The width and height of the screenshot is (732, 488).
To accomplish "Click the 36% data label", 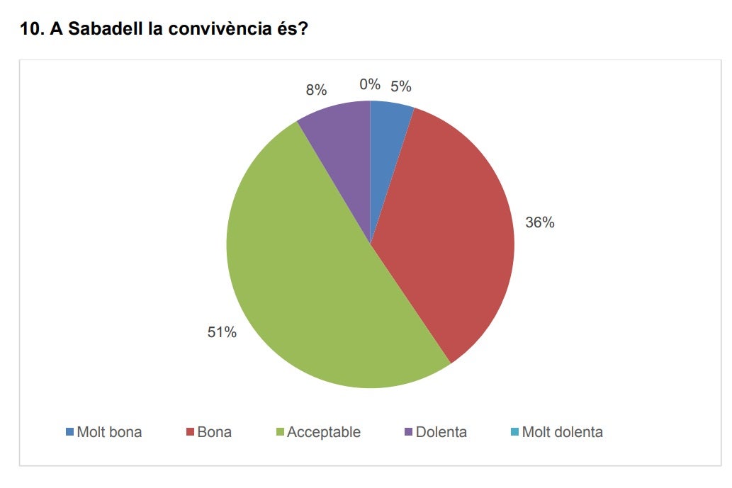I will pyautogui.click(x=539, y=222).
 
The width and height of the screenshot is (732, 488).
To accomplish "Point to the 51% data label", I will pyautogui.click(x=222, y=332).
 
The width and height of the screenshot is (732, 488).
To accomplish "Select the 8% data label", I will pyautogui.click(x=316, y=90).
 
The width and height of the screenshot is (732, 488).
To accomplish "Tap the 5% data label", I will pyautogui.click(x=400, y=86).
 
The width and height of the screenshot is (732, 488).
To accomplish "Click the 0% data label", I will pyautogui.click(x=369, y=84).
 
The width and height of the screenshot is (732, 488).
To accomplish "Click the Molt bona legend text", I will pyautogui.click(x=109, y=432).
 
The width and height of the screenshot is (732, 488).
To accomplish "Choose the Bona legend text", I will pyautogui.click(x=214, y=432).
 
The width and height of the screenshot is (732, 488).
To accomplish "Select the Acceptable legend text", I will pyautogui.click(x=323, y=432).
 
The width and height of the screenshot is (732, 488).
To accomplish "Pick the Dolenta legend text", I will pyautogui.click(x=441, y=432).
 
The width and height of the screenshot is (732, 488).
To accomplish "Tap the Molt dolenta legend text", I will pyautogui.click(x=562, y=432).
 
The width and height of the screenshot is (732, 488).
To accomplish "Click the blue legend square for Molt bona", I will pyautogui.click(x=69, y=432).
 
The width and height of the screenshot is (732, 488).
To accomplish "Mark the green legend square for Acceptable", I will pyautogui.click(x=279, y=432).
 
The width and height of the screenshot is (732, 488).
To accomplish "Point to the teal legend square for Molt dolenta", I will pyautogui.click(x=514, y=432).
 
